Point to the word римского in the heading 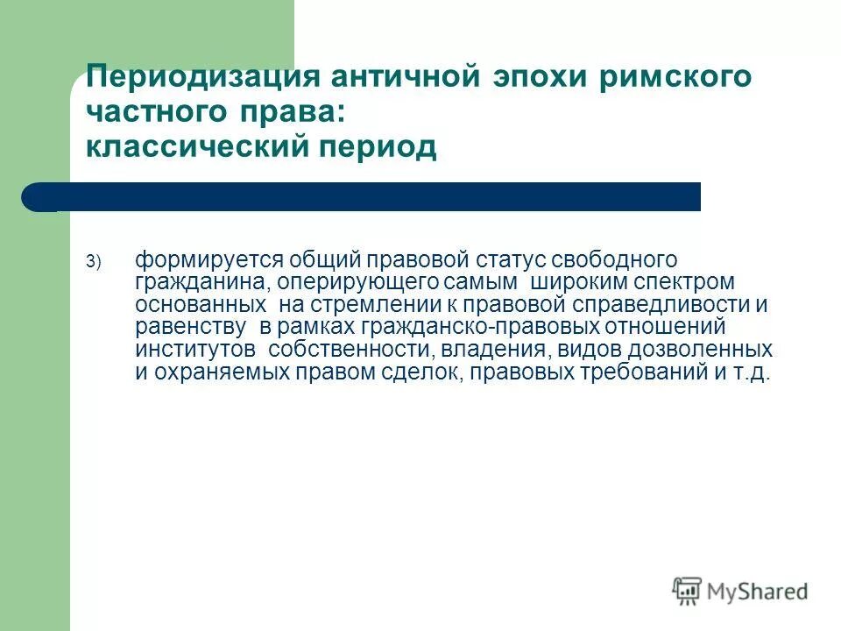[675, 76]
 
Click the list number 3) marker [94, 261]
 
